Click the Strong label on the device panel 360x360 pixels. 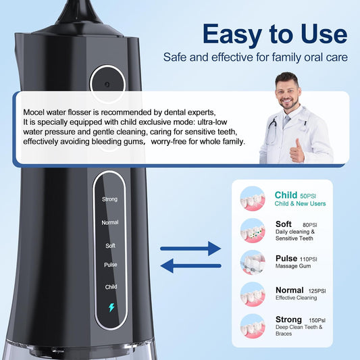pyautogui.click(x=109, y=199)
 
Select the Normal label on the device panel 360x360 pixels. pyautogui.click(x=109, y=222)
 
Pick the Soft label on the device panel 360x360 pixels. pyautogui.click(x=110, y=245)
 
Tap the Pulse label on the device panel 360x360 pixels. pyautogui.click(x=110, y=265)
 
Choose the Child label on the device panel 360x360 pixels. pyautogui.click(x=111, y=286)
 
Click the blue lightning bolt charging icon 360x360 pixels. pyautogui.click(x=111, y=308)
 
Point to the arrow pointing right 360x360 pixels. pyautogui.click(x=190, y=249)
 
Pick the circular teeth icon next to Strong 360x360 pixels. pyautogui.click(x=253, y=326)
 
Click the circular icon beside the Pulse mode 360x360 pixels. pyautogui.click(x=253, y=263)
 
